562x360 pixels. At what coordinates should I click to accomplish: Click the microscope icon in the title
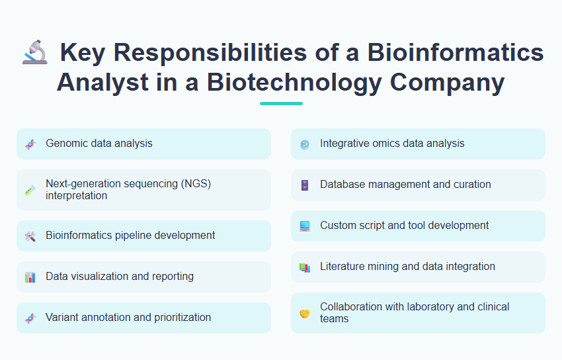click(34, 53)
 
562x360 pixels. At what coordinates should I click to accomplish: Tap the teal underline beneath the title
click(281, 103)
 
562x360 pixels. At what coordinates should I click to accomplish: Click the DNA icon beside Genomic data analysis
click(30, 144)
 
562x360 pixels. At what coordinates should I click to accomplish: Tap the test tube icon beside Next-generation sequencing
click(30, 190)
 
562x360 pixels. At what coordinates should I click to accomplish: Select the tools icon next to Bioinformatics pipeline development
click(30, 236)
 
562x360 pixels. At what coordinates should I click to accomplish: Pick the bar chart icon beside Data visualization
click(30, 277)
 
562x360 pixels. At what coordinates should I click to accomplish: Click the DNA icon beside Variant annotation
click(30, 318)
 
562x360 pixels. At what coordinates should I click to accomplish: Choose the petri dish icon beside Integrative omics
click(304, 144)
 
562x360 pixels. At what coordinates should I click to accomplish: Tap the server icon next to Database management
click(304, 185)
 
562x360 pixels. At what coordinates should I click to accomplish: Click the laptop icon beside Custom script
click(304, 226)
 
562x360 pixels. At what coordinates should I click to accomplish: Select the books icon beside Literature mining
click(304, 267)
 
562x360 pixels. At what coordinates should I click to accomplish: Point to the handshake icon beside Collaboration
click(304, 313)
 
